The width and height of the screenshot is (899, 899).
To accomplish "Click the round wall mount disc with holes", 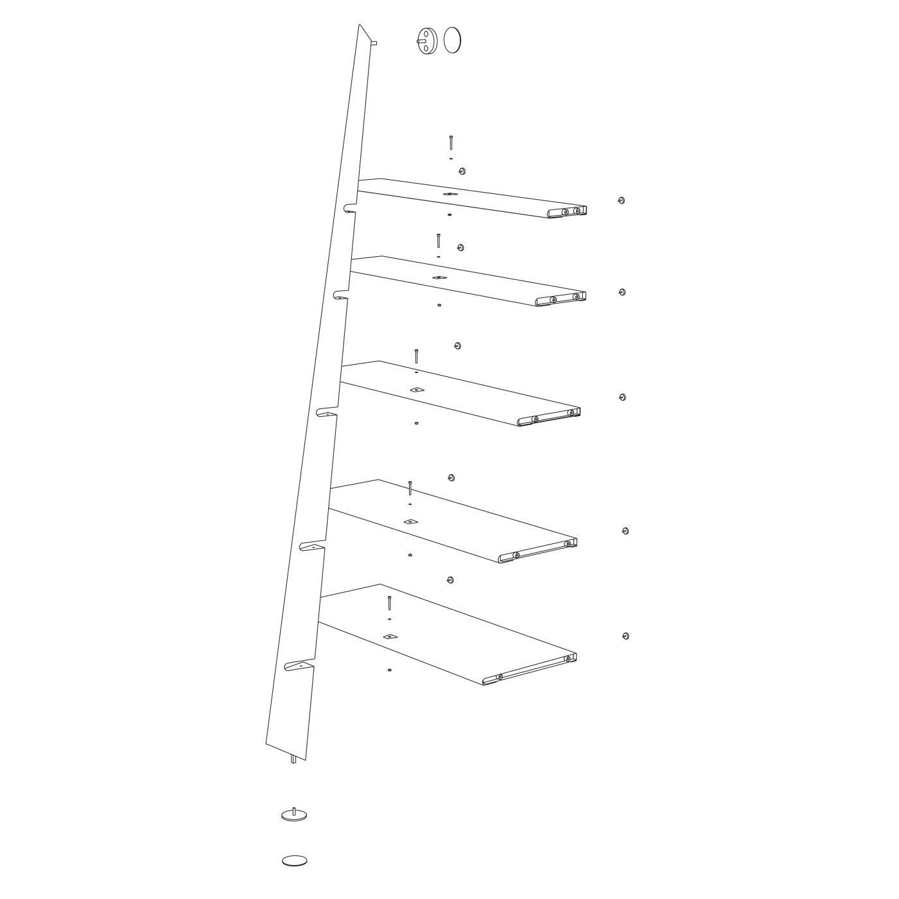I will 426,40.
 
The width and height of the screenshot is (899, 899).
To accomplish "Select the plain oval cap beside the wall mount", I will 453,40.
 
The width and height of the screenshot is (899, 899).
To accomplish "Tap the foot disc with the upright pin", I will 294,815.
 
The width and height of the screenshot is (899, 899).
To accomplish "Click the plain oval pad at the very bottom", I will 294,860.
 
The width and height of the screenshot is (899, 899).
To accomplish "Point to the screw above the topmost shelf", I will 451,143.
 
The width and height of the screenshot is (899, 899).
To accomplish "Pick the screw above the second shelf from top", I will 439,241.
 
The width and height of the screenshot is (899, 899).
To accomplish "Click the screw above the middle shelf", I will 416,356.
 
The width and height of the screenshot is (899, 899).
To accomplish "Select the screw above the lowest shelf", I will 389,604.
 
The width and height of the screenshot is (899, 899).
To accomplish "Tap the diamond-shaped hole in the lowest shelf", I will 390,636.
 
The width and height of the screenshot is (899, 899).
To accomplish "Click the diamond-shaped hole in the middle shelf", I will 417,389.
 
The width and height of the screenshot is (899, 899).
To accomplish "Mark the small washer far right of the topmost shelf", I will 621,200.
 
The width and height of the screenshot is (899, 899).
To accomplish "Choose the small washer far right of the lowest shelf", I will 625,636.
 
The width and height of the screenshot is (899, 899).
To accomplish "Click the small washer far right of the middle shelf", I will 622,397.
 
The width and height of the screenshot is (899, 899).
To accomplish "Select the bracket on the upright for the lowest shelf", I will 299,667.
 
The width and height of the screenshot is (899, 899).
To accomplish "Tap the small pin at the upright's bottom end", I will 293,759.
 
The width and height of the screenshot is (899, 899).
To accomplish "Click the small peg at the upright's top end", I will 375,43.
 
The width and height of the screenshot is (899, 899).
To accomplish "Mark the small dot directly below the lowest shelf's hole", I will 389,670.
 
